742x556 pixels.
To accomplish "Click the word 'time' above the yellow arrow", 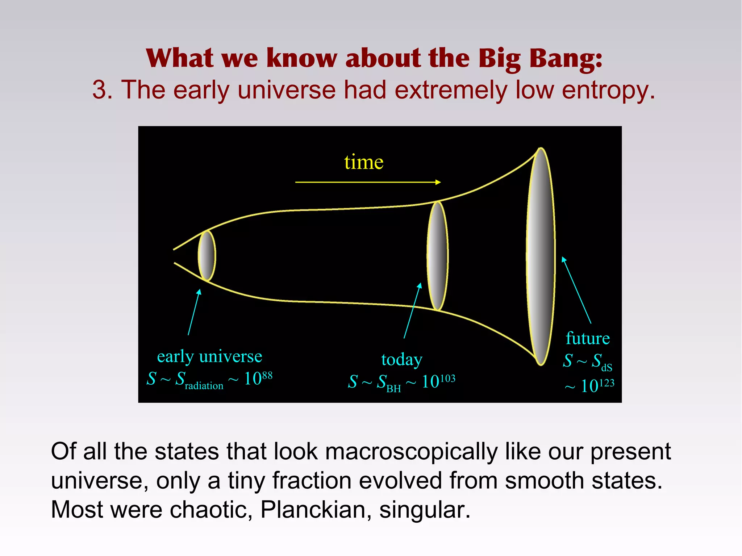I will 363,162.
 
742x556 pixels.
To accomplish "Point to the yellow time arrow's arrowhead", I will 438,182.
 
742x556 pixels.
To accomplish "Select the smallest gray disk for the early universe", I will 207,256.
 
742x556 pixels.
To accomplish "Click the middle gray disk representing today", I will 438,256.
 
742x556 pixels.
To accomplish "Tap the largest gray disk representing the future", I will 541,256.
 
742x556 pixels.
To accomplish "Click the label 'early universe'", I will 209,356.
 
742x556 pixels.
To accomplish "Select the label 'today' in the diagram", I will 402,359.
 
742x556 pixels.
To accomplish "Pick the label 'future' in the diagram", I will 588,338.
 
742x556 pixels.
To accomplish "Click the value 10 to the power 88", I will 258,378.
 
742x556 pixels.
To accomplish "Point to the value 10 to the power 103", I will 438,381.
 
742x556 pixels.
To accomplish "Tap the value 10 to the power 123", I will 597,385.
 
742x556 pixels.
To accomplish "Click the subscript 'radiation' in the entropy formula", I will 204,386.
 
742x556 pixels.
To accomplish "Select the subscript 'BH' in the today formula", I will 393,389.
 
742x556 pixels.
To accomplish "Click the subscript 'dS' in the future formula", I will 607,368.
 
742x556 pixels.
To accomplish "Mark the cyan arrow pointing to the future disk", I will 576,290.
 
